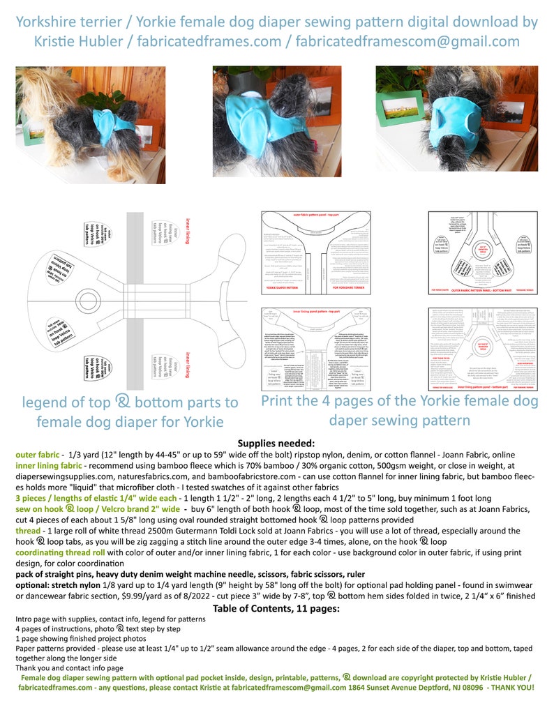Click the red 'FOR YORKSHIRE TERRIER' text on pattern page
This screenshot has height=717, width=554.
(x=349, y=287)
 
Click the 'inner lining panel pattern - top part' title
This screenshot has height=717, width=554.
(x=316, y=312)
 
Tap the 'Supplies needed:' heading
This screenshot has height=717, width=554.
(x=276, y=443)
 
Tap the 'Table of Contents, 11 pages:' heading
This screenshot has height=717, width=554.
(x=276, y=607)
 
